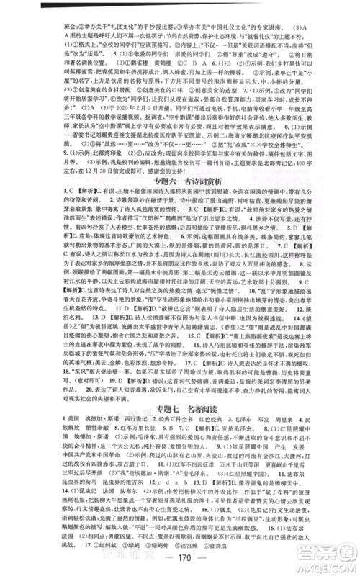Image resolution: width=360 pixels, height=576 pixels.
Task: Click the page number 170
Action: pos(179,564)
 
